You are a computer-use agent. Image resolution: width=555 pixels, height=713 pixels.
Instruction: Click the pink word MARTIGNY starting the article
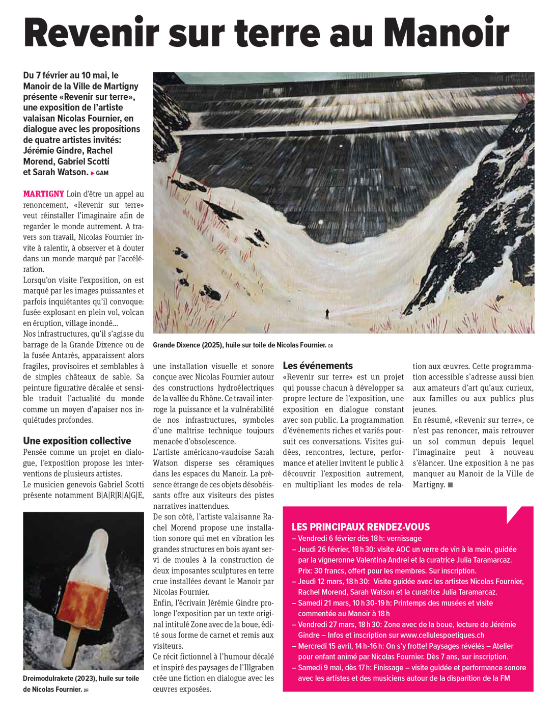(x=43, y=194)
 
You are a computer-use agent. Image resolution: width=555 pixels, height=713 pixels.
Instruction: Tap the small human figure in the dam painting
(x=327, y=314)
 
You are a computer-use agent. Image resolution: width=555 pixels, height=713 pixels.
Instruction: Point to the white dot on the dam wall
(x=321, y=221)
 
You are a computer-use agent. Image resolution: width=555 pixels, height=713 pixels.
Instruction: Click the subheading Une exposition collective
(x=77, y=441)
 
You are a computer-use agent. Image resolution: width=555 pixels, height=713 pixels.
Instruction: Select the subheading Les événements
(x=318, y=366)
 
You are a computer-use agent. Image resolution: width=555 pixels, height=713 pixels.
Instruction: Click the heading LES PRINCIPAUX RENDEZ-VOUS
(x=360, y=527)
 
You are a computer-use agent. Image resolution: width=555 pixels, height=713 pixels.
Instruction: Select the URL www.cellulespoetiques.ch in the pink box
(x=442, y=635)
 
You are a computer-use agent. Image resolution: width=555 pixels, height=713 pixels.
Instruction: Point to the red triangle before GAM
(x=93, y=173)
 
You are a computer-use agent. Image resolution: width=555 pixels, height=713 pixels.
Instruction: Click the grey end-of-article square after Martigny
(x=450, y=485)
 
